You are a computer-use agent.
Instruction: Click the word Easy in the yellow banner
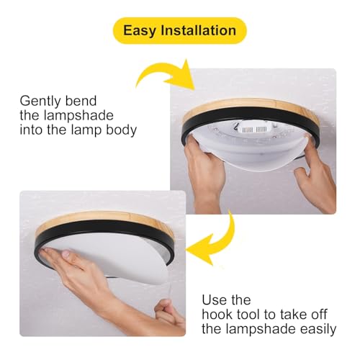click(139, 31)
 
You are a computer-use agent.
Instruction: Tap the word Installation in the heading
click(199, 30)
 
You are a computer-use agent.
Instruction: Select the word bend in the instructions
click(81, 101)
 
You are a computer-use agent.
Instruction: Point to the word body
click(122, 130)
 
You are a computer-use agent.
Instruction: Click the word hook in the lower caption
click(217, 315)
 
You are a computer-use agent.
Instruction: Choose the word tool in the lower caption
click(250, 315)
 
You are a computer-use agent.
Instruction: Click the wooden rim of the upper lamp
click(250, 104)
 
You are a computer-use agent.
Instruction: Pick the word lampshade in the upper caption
click(78, 116)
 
